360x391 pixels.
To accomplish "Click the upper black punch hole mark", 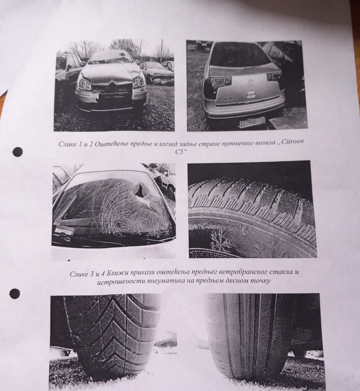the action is (18, 152).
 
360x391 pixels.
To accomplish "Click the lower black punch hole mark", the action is (14, 294).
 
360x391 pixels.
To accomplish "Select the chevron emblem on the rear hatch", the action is (250, 83).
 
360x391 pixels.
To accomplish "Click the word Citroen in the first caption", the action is (294, 141).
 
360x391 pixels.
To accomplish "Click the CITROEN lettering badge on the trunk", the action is (226, 99).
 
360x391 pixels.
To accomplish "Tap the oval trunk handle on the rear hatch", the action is (251, 95).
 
